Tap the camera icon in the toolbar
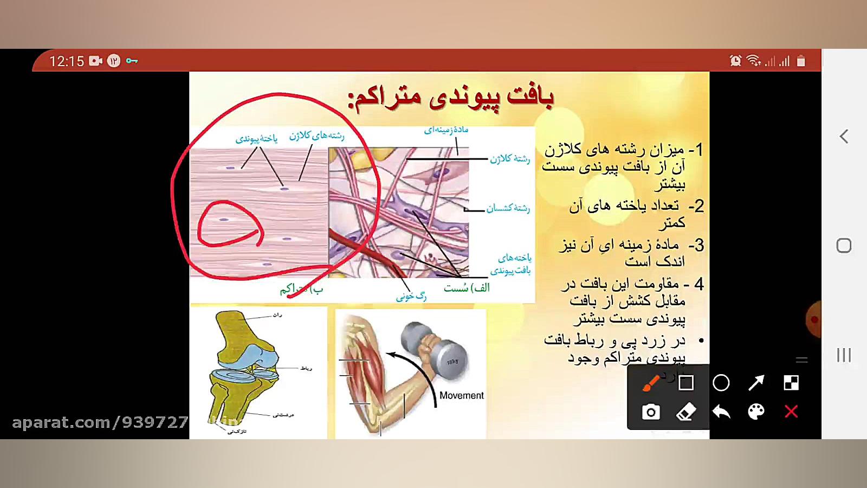click(x=651, y=412)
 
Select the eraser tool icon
click(x=686, y=412)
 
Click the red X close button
click(x=791, y=412)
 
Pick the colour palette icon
click(x=756, y=412)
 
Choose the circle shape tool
click(x=721, y=383)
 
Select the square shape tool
click(x=686, y=383)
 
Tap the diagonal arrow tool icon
click(x=756, y=383)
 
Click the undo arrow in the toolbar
click(x=721, y=412)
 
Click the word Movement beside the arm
click(x=461, y=395)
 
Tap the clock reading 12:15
click(x=67, y=61)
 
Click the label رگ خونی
click(x=411, y=296)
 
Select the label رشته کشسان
click(x=508, y=208)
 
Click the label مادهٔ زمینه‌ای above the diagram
click(x=446, y=130)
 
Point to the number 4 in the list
click(x=699, y=284)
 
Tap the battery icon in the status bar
click(x=801, y=61)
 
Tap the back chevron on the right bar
click(x=844, y=137)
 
